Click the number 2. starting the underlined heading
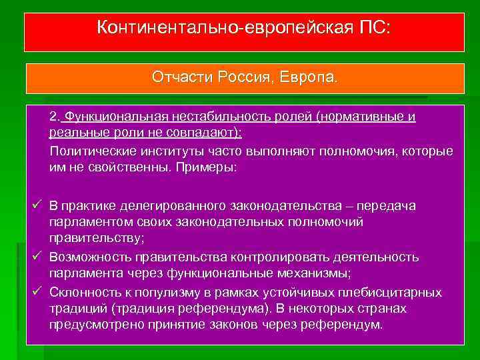(55, 117)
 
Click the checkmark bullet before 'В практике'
(38, 206)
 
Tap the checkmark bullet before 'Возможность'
(38, 257)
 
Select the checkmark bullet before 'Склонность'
(38, 291)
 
